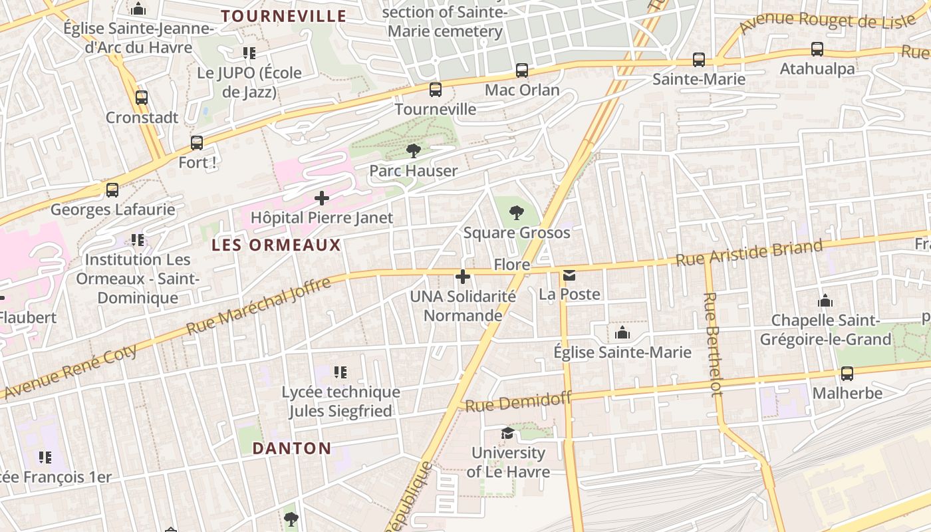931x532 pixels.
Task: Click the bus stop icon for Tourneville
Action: click(436, 89)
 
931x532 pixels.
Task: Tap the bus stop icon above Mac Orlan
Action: click(522, 70)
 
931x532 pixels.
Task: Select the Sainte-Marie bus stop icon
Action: click(699, 60)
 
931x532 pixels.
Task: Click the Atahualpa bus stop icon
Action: click(817, 49)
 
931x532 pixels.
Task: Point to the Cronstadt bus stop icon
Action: click(142, 98)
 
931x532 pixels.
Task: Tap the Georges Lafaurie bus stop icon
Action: click(112, 190)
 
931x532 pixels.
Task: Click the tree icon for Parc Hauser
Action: click(414, 151)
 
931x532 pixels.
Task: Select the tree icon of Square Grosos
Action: click(516, 213)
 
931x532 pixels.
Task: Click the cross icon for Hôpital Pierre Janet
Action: click(322, 198)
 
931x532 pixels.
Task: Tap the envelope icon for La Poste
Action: click(569, 275)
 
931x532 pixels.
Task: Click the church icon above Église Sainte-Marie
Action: click(622, 332)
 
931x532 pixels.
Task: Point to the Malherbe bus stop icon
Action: click(847, 374)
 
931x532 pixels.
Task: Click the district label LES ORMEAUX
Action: click(276, 245)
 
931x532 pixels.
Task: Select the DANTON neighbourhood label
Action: click(292, 448)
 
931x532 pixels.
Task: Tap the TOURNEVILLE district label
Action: click(284, 16)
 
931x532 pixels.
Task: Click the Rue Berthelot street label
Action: click(712, 344)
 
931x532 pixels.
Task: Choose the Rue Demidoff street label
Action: click(518, 402)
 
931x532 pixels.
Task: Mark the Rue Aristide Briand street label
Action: click(749, 253)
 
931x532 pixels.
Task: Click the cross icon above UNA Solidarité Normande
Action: click(463, 277)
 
